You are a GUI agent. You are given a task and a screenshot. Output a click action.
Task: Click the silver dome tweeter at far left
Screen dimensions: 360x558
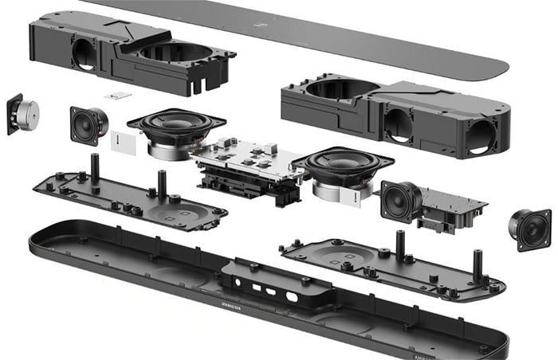pyautogui.click(x=26, y=115)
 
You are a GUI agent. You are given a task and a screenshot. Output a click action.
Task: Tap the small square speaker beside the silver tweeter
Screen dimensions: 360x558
pyautogui.click(x=87, y=124)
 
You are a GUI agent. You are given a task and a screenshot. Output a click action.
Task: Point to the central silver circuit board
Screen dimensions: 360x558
pyautogui.click(x=243, y=159)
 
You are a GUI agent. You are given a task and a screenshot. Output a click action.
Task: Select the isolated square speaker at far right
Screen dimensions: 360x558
pyautogui.click(x=530, y=228)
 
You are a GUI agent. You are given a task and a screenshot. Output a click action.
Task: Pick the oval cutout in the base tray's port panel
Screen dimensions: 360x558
pyautogui.click(x=291, y=296)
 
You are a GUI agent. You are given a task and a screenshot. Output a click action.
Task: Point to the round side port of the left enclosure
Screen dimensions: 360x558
pyautogui.click(x=84, y=53)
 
